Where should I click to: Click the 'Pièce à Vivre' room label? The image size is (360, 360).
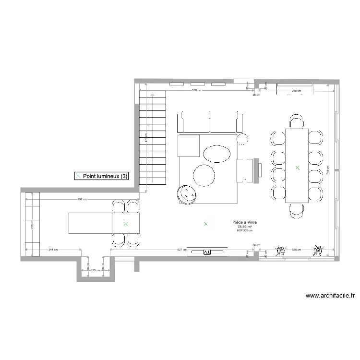click(x=244, y=223)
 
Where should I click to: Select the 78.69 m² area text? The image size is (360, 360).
click(x=244, y=227)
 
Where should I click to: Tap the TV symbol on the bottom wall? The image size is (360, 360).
click(x=207, y=251)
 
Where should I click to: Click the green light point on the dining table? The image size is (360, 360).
click(x=297, y=168)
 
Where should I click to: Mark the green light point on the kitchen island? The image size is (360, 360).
click(x=125, y=224)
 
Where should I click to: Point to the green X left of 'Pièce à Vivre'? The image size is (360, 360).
click(x=205, y=224)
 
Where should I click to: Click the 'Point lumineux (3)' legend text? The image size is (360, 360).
click(x=105, y=177)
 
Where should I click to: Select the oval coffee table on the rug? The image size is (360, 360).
click(x=216, y=154)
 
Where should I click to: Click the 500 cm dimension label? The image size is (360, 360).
click(x=196, y=90)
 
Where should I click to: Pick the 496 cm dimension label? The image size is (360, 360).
click(x=82, y=199)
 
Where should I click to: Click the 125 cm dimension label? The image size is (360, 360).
click(x=96, y=270)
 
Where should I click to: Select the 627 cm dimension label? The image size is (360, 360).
click(x=181, y=250)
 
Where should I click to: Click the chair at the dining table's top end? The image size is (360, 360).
click(x=297, y=122)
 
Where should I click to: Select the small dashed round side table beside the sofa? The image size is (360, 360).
click(x=243, y=139)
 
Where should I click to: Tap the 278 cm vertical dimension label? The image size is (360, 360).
click(x=31, y=225)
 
